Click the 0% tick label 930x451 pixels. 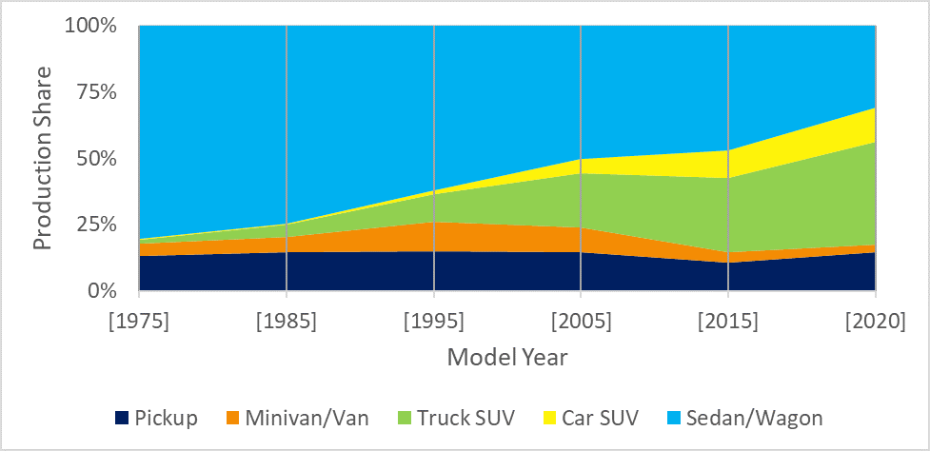pyautogui.click(x=102, y=291)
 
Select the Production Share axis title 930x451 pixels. pyautogui.click(x=43, y=158)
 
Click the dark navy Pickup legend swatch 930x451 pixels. pyautogui.click(x=121, y=417)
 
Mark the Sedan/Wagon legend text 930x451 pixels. pyautogui.click(x=754, y=417)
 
